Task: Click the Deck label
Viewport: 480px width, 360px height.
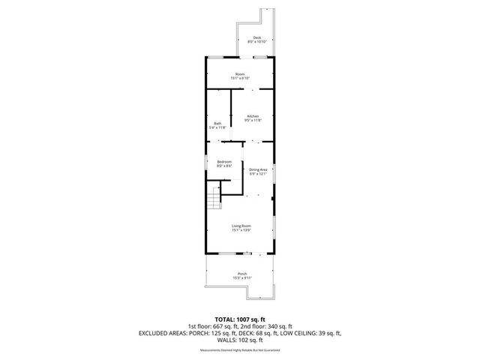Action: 256,38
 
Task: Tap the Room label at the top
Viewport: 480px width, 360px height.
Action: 240,74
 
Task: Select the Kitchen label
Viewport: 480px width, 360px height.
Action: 253,116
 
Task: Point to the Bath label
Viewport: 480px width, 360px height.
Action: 217,124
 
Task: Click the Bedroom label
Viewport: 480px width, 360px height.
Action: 224,162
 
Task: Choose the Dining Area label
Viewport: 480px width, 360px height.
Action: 259,169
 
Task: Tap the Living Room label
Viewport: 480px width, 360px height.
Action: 240,226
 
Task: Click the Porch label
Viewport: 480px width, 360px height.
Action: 241,274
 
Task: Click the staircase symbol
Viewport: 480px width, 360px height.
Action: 215,199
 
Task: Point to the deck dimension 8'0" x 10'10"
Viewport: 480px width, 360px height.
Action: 256,42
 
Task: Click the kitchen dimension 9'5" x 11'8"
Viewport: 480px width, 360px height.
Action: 253,120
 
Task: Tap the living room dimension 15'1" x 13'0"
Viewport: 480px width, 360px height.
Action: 240,230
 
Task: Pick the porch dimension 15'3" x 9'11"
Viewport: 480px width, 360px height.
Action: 241,278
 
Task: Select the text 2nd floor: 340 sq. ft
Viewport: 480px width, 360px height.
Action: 272,326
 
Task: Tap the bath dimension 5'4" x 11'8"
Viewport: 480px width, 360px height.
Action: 217,127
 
